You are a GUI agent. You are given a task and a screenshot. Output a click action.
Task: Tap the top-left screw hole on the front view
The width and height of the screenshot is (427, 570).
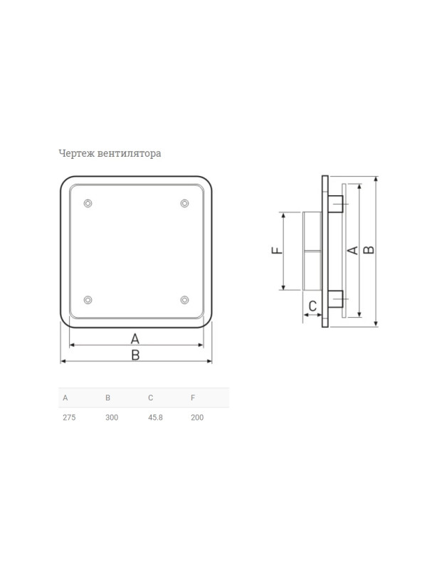(88, 203)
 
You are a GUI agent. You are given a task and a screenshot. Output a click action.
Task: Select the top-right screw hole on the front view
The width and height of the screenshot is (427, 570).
(184, 203)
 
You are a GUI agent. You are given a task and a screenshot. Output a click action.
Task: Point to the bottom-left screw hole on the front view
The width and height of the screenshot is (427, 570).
(88, 300)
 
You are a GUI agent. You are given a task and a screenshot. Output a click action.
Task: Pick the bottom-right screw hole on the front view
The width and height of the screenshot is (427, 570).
(184, 300)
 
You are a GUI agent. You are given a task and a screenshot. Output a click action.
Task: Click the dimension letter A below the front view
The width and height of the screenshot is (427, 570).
(135, 339)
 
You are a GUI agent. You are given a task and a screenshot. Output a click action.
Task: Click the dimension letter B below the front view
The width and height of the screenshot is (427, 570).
(135, 355)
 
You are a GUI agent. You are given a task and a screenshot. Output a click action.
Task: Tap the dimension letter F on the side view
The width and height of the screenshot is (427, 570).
(277, 250)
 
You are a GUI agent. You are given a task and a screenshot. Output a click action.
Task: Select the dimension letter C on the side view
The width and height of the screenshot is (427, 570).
(312, 306)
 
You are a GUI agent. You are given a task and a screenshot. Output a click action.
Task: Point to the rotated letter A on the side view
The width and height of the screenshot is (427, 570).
(352, 250)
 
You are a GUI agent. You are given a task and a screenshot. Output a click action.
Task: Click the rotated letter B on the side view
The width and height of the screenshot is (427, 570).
(369, 250)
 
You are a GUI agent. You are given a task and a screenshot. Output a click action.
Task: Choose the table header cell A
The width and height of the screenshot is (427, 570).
(65, 398)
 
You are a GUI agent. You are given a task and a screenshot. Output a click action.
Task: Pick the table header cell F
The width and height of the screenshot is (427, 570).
(193, 398)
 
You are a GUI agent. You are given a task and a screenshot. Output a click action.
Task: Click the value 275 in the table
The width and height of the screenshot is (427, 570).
(69, 418)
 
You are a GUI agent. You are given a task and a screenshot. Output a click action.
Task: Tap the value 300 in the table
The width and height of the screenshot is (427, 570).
(112, 418)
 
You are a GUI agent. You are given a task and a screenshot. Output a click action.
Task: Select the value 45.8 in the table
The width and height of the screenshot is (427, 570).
(155, 418)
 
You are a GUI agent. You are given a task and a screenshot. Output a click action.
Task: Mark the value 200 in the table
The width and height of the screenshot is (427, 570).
(197, 418)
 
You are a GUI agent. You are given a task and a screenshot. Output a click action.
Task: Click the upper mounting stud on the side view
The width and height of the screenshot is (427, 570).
(335, 204)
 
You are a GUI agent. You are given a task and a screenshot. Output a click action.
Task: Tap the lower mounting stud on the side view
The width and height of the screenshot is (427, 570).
(335, 299)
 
